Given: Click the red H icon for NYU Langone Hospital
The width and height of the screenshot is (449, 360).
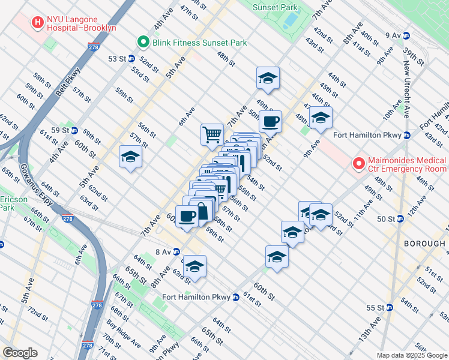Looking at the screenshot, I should [38, 22].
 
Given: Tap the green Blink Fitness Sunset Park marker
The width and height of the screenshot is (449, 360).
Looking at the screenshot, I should [143, 43].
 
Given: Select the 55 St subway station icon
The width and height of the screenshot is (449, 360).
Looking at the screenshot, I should [389, 307].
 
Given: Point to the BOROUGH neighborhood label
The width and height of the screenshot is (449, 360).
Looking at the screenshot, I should [424, 244].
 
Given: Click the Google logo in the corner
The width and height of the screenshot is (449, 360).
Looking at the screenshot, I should [20, 353].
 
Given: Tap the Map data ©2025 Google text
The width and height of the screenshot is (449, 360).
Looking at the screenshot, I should [412, 355].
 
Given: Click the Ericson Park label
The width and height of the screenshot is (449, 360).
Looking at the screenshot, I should [7, 203].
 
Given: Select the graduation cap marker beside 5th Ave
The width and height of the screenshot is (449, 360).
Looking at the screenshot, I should [130, 158].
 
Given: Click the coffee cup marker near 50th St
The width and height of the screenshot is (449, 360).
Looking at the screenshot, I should [270, 121].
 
